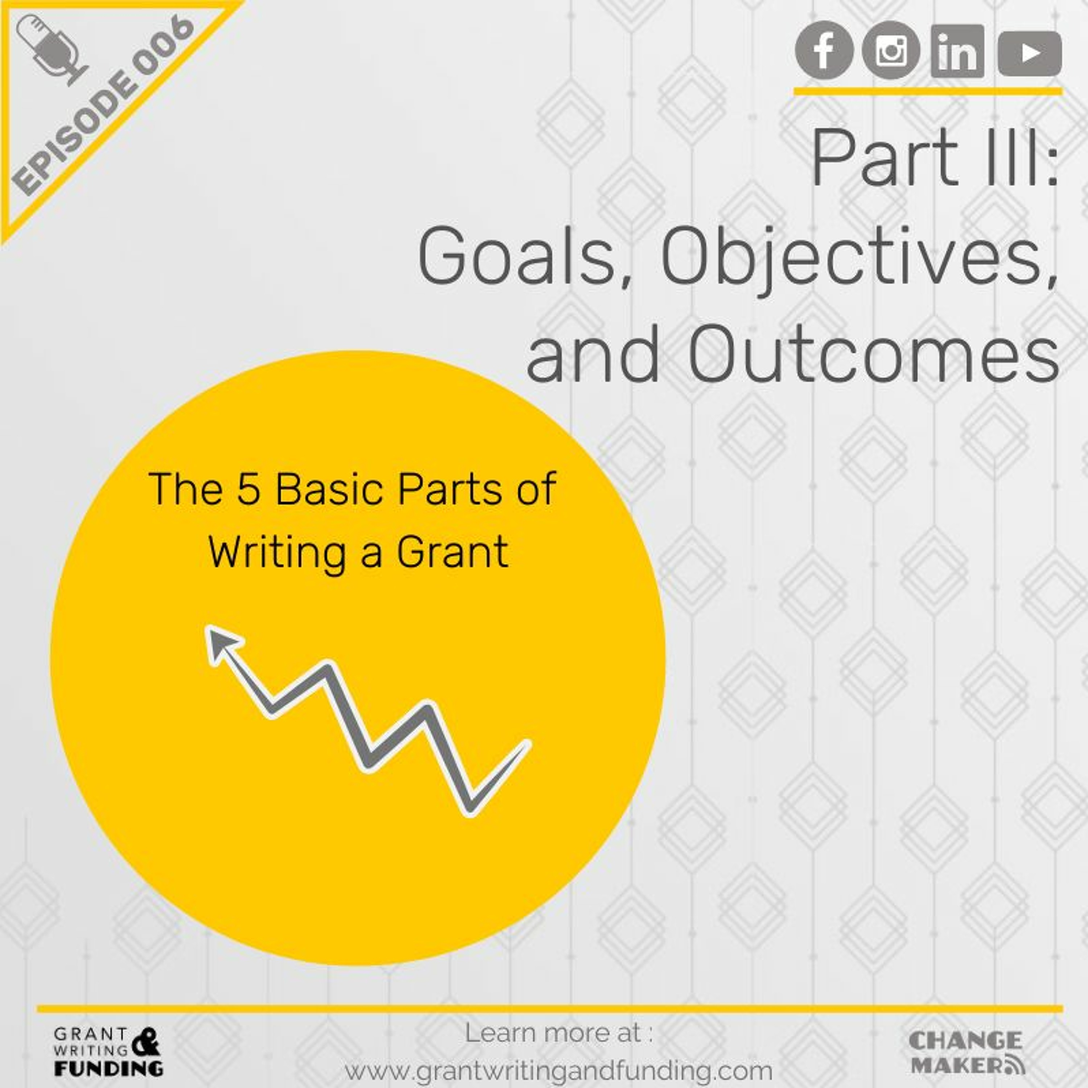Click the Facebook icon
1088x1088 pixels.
pos(824,50)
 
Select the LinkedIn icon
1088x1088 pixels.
pos(957,51)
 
